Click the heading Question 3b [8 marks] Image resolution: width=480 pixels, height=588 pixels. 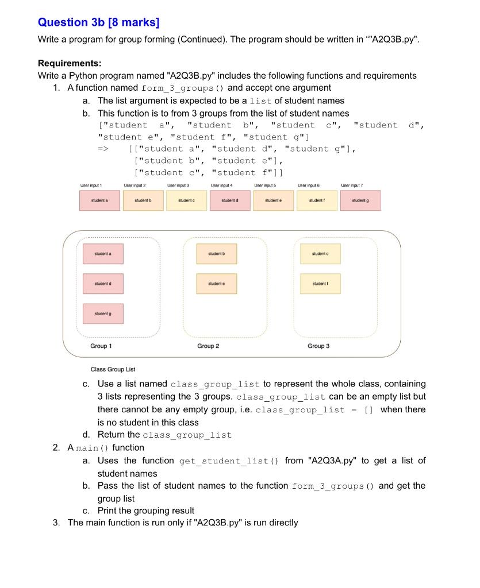pos(98,22)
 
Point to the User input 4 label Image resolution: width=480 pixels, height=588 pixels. pos(221,185)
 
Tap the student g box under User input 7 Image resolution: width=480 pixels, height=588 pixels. pos(360,200)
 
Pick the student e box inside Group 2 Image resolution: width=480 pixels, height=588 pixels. pos(216,283)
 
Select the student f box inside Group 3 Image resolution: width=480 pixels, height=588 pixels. pos(320,283)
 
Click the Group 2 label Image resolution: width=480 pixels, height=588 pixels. pos(208,346)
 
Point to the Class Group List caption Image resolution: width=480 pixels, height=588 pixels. pos(113,369)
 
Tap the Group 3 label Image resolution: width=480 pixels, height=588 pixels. pos(318,346)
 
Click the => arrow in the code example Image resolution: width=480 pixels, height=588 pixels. pos(103,149)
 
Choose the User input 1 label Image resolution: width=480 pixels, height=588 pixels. pos(91,185)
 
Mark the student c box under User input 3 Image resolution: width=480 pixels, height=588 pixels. pos(186,200)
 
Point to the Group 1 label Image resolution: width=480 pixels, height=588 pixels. pos(101,346)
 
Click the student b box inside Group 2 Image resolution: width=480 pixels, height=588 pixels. pos(216,253)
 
